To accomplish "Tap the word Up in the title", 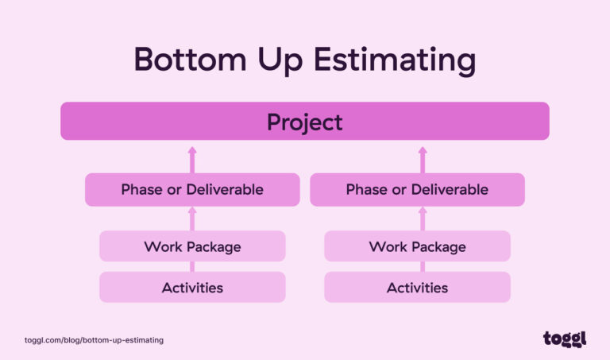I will pos(281,60).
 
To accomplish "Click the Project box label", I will pos(305,122).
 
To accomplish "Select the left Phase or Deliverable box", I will pos(192,190).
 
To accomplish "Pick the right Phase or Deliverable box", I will pos(417,190).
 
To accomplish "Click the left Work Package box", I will pos(192,246).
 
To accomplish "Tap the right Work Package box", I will pos(417,246).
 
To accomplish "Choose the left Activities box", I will pos(192,287).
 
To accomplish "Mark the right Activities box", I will pos(417,287).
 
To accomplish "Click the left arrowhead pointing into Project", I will pos(192,149).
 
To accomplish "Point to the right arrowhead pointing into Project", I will pos(423,149).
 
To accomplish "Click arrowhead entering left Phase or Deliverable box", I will pos(192,211).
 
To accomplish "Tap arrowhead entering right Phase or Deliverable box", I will pos(423,211).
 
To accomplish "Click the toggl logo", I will pos(565,339).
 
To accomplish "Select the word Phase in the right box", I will pos(365,190).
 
